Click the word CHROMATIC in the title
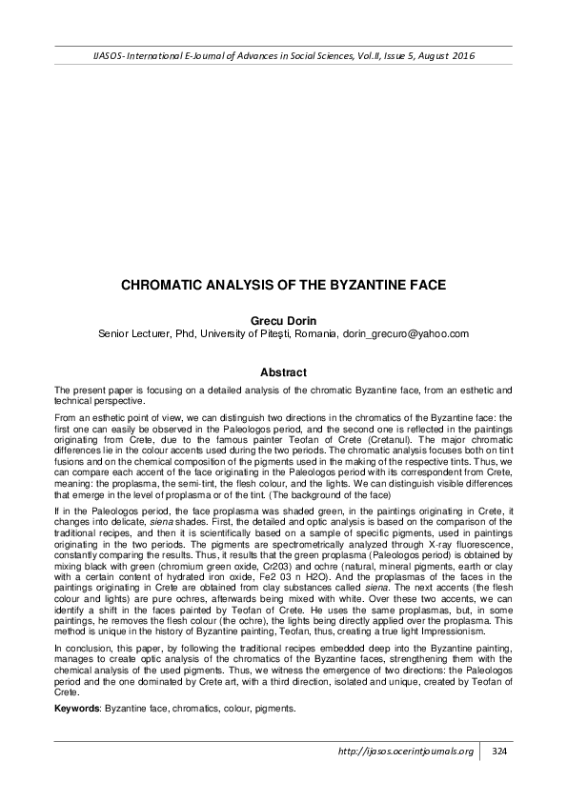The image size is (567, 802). coord(164,284)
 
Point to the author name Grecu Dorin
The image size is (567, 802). coord(283,321)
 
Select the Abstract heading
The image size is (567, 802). coord(283,372)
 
